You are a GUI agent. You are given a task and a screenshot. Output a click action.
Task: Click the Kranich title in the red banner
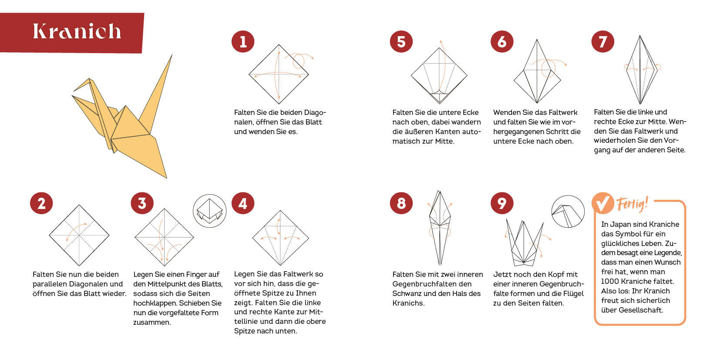pyautogui.click(x=77, y=31)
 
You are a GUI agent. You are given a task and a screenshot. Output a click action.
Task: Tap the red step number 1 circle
pyautogui.click(x=243, y=41)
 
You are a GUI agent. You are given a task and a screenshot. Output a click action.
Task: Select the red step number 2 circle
pyautogui.click(x=41, y=203)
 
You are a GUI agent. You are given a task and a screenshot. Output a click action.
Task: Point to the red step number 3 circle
pyautogui.click(x=142, y=203)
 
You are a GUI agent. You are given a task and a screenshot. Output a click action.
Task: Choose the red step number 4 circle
pyautogui.click(x=243, y=203)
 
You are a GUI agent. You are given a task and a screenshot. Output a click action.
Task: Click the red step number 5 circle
pyautogui.click(x=401, y=41)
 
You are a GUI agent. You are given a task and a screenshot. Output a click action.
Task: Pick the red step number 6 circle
pyautogui.click(x=502, y=41)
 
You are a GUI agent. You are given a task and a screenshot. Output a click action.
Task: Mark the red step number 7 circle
pyautogui.click(x=602, y=41)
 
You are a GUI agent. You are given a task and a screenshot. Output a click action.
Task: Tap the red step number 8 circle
pyautogui.click(x=401, y=203)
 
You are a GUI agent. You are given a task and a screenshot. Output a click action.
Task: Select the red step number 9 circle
pyautogui.click(x=502, y=203)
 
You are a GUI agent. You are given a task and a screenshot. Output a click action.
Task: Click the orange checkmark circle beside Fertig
pyautogui.click(x=602, y=203)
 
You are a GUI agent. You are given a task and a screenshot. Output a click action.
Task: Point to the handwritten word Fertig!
pyautogui.click(x=632, y=204)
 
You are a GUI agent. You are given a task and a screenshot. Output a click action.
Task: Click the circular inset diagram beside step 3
pyautogui.click(x=209, y=211)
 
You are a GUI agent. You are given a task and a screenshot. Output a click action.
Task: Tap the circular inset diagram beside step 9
pyautogui.click(x=568, y=211)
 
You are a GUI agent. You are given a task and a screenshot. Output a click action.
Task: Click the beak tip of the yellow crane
pyautogui.click(x=74, y=91)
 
